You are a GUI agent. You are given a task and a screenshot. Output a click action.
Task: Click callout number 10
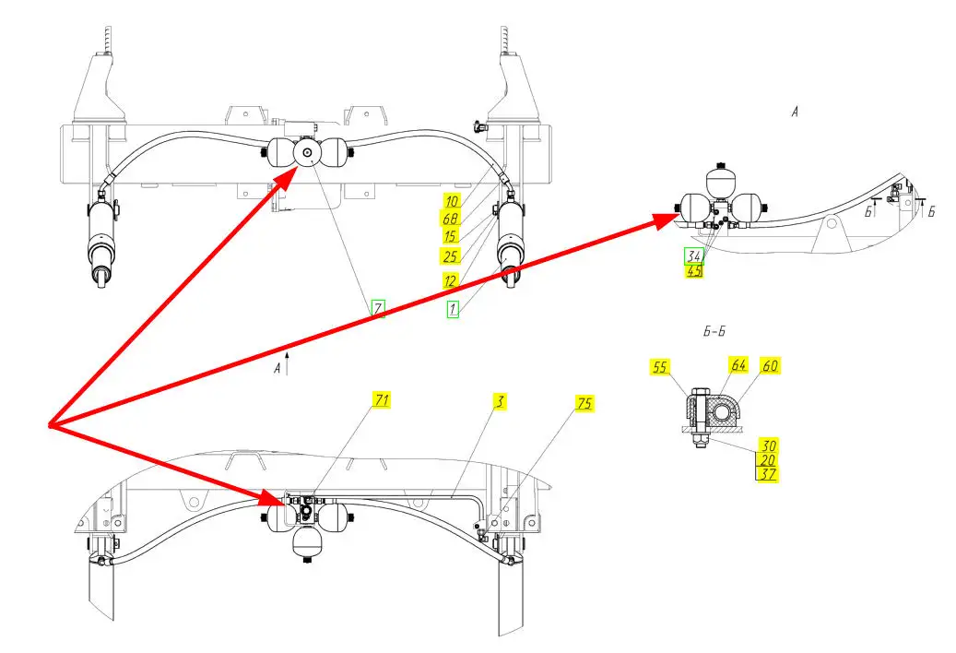[451, 201]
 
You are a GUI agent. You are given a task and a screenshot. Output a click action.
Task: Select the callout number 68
[451, 219]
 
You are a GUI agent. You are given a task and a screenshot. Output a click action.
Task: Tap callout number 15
[451, 236]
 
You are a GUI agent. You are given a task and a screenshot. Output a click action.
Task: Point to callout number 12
[451, 279]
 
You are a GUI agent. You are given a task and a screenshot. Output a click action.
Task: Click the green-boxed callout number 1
[452, 310]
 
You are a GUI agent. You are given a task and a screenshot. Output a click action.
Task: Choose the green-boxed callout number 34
[693, 255]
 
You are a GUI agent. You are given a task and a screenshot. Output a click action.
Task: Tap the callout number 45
[693, 270]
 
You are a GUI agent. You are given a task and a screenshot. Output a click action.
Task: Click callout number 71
[382, 399]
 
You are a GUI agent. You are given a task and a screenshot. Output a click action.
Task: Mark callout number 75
[584, 403]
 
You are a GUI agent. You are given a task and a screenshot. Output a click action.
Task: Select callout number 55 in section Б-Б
[659, 366]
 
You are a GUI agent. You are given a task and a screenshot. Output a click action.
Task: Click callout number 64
[738, 365]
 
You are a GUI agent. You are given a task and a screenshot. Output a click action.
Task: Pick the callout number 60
[771, 366]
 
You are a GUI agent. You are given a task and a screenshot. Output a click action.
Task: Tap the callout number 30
[767, 444]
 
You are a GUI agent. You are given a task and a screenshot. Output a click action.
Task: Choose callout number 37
[767, 474]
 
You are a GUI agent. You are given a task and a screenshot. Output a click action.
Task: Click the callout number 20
[767, 459]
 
